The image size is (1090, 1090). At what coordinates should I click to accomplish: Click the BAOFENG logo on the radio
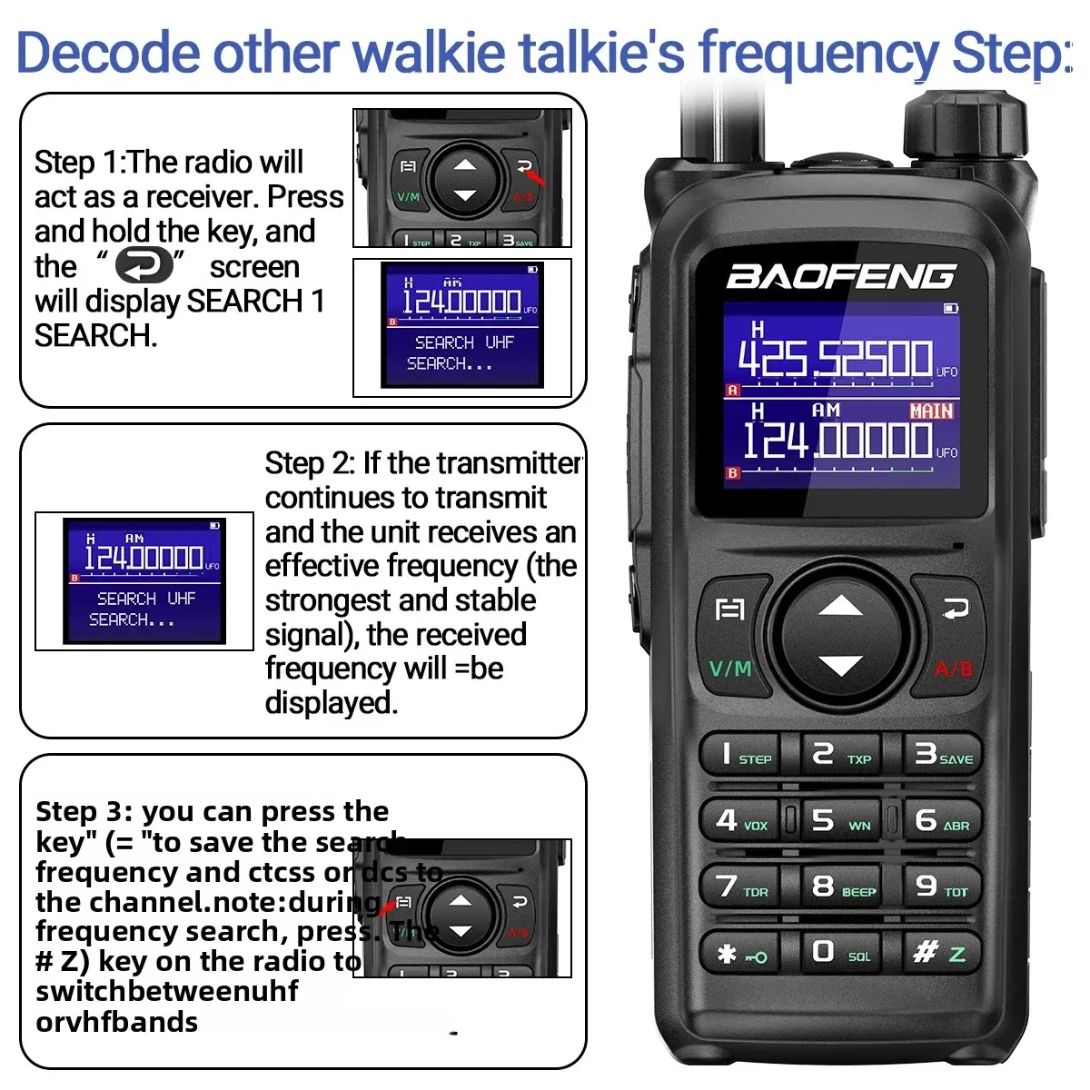point(840,276)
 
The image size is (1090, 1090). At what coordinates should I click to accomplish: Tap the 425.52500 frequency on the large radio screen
point(835,358)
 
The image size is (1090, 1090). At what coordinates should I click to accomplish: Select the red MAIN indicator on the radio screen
point(931,411)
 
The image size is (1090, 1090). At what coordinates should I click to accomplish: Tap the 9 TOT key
point(942,886)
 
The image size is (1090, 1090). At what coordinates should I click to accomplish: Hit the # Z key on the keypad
point(941,952)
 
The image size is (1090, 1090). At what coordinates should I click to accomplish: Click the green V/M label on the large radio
point(730,669)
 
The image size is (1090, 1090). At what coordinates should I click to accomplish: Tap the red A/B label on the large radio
point(953,669)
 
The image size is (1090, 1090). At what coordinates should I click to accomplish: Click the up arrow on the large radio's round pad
point(840,606)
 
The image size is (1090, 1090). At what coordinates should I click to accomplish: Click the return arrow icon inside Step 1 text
point(144,266)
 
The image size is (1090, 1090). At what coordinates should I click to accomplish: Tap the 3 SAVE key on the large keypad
point(942,754)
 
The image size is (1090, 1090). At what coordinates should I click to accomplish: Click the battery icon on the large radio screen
point(950,309)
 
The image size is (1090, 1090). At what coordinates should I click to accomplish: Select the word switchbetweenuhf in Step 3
point(167,991)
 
